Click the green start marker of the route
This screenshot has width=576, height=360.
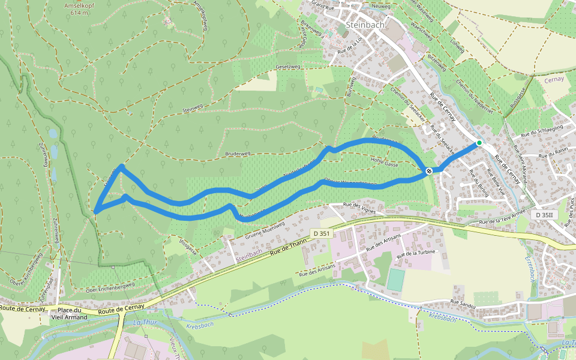(479, 143)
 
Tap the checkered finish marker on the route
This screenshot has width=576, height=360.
(429, 172)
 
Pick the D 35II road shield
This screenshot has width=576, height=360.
(546, 215)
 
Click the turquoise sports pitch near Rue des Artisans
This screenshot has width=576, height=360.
(395, 280)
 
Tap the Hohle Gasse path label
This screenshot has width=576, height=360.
(385, 163)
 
